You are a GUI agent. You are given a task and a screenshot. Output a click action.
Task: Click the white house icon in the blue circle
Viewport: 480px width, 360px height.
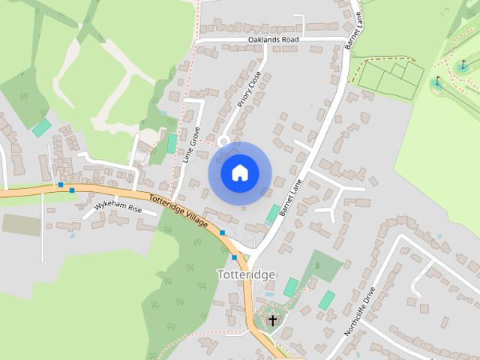(239, 172)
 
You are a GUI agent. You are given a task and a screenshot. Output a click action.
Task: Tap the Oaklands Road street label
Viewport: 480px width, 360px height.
(274, 40)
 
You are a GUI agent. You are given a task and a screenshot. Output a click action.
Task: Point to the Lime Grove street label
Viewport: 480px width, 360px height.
(191, 144)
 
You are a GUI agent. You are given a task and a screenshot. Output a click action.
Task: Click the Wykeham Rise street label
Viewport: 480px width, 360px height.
(118, 207)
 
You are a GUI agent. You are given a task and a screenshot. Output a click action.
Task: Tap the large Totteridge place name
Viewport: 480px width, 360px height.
(246, 274)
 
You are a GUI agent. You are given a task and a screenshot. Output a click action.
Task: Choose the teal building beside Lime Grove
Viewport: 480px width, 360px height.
(172, 143)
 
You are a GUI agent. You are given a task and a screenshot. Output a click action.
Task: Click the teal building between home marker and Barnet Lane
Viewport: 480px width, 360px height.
(273, 213)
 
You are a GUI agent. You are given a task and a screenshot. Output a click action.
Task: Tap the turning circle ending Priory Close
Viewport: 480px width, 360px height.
(223, 141)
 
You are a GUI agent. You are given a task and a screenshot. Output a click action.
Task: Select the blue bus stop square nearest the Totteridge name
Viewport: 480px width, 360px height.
(235, 258)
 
